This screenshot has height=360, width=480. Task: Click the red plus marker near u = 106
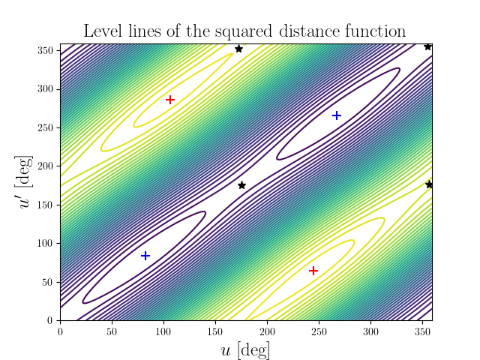pos(170,100)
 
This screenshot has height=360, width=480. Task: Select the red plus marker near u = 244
pos(313,271)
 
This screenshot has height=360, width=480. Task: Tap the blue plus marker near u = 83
pos(145,256)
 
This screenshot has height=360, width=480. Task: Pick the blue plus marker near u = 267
pos(337,115)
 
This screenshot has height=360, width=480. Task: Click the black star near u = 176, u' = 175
pos(241,185)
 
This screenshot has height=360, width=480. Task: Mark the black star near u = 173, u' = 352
pos(238,49)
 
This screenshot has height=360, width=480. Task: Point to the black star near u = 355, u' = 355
pos(427,46)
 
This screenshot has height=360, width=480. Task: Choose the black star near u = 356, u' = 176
pos(429,184)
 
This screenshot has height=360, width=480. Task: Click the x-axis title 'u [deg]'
pos(246,350)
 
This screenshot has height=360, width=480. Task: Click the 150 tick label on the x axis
pos(215,331)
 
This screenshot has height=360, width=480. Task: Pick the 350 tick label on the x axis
pos(421,331)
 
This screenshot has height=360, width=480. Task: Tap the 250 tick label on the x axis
pos(319,331)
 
